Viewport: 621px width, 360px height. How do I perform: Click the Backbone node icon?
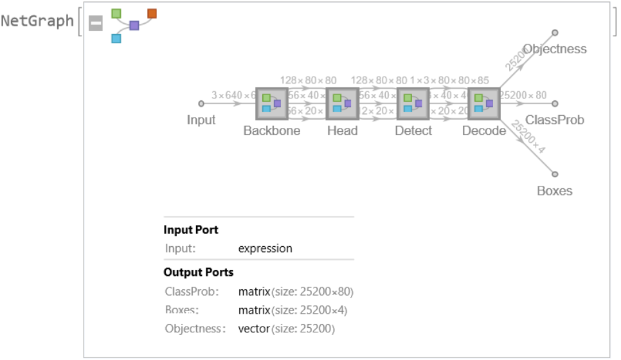click(x=272, y=104)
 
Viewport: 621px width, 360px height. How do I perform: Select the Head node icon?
click(x=343, y=104)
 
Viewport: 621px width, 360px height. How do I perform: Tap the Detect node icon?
click(x=413, y=104)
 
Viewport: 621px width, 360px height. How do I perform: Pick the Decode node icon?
click(x=484, y=104)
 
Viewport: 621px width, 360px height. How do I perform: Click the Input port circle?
click(x=201, y=103)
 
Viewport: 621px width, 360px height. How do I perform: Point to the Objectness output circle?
click(x=555, y=32)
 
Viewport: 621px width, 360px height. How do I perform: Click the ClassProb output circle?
click(x=555, y=103)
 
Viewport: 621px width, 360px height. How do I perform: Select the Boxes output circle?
click(x=555, y=174)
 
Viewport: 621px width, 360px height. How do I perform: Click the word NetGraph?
click(x=37, y=21)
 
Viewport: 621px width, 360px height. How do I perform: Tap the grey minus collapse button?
click(x=95, y=24)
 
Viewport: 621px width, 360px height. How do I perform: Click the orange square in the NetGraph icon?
click(x=152, y=13)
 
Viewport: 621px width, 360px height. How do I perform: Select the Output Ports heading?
click(x=199, y=272)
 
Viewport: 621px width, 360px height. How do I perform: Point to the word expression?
click(x=265, y=248)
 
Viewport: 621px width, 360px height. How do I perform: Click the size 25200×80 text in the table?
click(x=312, y=292)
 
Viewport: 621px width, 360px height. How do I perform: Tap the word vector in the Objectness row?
click(x=253, y=329)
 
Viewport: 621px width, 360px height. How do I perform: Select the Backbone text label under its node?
click(x=272, y=130)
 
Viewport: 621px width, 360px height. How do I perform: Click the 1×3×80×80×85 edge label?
click(x=449, y=80)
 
